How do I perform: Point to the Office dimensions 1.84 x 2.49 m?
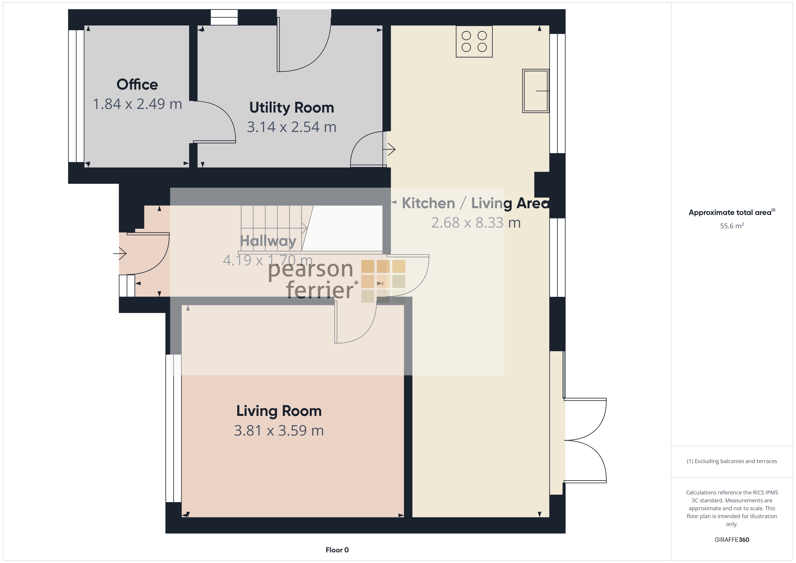137,104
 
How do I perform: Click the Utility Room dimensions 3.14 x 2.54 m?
292,127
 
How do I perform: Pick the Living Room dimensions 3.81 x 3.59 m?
279,431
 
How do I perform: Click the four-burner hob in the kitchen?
474,42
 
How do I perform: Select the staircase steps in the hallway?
274,228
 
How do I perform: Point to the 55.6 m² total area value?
732,226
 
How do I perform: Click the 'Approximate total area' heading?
731,212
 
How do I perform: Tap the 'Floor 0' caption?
337,550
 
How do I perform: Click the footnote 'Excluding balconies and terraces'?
731,461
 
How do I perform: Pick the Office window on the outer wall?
76,96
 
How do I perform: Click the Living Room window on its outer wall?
173,428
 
